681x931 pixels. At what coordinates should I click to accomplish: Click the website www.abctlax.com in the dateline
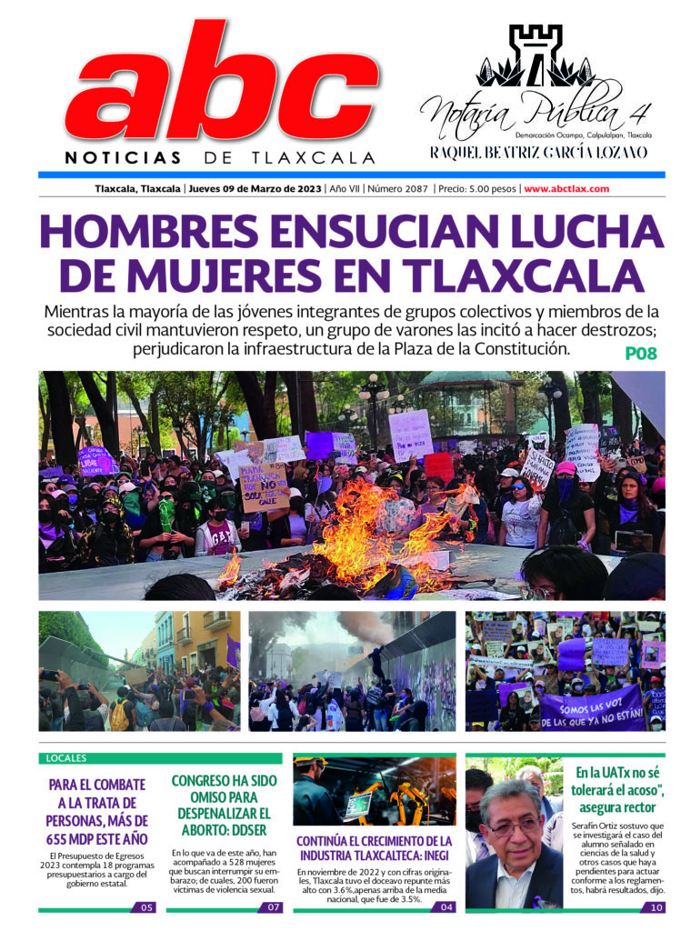pyautogui.click(x=566, y=189)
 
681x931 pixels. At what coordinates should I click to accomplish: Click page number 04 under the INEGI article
pyautogui.click(x=446, y=906)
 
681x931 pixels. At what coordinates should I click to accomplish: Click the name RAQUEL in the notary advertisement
pyautogui.click(x=459, y=152)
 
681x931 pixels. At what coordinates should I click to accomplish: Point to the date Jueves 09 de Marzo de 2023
pyautogui.click(x=255, y=189)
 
